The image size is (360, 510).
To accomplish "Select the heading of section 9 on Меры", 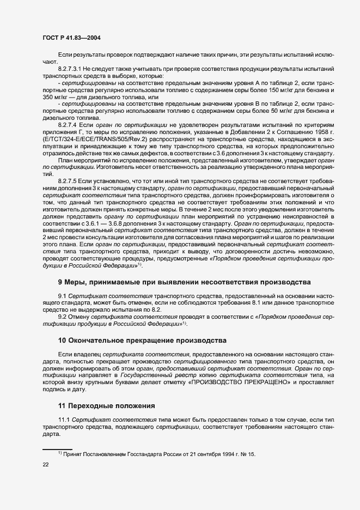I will pos(184,282).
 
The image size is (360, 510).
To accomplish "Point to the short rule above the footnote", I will pos(57,448).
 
